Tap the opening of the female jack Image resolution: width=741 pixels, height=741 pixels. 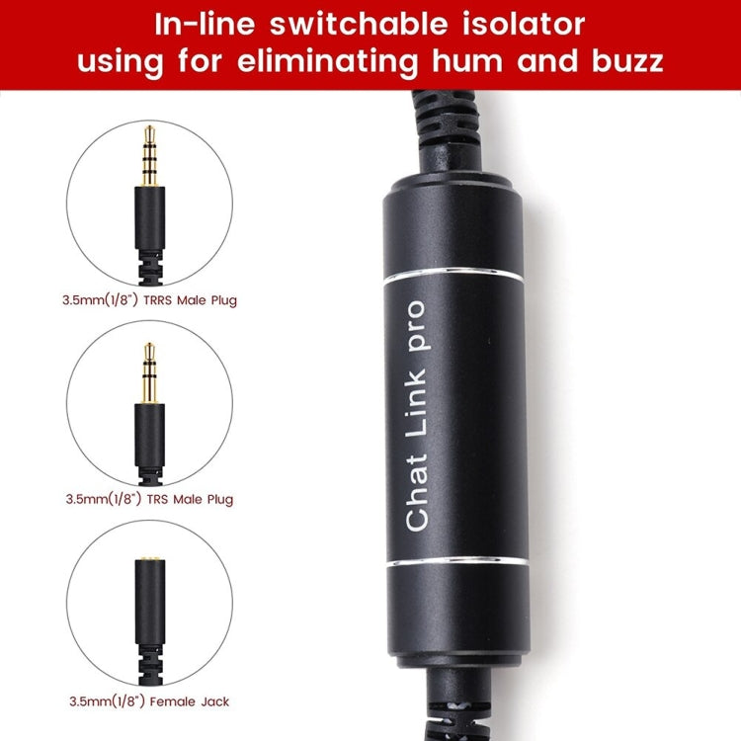pyautogui.click(x=149, y=560)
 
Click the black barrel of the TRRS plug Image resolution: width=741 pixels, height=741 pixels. pyautogui.click(x=149, y=217)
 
